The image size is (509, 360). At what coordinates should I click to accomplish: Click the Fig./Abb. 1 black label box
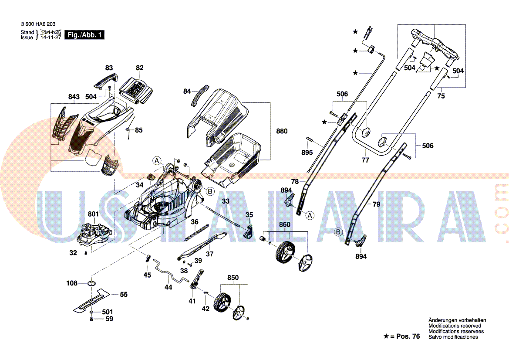coord(84,35)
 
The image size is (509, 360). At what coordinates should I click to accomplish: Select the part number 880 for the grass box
coord(282,131)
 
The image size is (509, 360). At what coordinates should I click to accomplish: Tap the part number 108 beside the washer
coord(72,283)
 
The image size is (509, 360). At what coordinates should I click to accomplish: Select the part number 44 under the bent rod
coord(169,287)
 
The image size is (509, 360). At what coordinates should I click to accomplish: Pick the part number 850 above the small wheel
coord(233,278)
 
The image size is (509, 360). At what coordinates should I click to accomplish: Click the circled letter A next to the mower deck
coord(157,160)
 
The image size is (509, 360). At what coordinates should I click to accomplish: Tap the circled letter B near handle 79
coord(338,232)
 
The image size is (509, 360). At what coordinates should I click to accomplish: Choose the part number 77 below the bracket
coord(365,160)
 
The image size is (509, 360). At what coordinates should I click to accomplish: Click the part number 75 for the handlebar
coord(441,96)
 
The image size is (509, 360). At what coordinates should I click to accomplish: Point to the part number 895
coord(307,153)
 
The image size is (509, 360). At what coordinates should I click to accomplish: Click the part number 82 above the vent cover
coord(139,68)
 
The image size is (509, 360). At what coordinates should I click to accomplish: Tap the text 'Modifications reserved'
coord(455,326)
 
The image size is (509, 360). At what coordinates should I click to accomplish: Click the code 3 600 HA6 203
coord(38,24)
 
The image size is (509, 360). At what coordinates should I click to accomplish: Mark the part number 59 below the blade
coord(109,319)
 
